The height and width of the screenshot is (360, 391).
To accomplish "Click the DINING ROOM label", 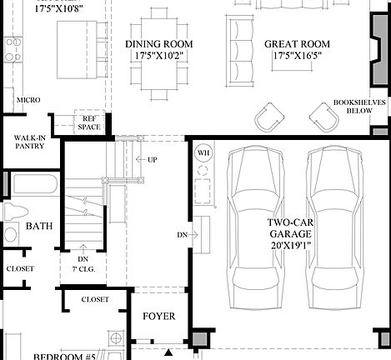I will (x=159, y=43).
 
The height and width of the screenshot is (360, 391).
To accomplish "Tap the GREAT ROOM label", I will (x=297, y=43).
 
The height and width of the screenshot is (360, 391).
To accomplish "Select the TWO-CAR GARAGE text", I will (x=289, y=228).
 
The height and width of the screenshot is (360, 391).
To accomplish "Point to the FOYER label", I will (x=158, y=316).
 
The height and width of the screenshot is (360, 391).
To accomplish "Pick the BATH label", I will (x=39, y=226).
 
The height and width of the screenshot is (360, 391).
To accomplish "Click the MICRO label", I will (x=28, y=100).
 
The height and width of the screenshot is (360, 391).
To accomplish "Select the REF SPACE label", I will (x=89, y=122).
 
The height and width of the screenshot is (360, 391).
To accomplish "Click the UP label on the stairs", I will (x=152, y=158).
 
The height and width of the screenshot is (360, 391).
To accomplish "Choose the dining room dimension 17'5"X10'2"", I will (x=159, y=57).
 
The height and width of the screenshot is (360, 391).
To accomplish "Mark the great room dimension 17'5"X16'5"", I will (x=297, y=57).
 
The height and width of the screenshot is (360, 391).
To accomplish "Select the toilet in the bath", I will (x=12, y=214).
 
